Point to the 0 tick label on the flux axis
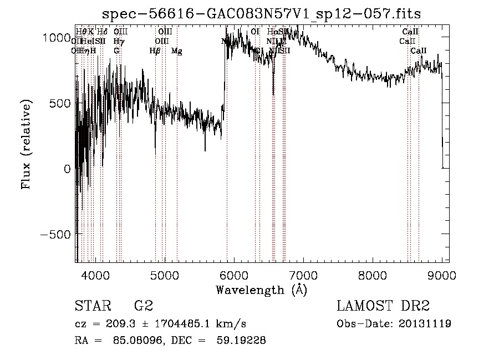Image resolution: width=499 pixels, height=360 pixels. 68,169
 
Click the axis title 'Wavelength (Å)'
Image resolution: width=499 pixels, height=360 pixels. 261,290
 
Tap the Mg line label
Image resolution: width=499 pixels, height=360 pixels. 176,51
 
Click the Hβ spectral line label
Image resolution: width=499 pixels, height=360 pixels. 155,51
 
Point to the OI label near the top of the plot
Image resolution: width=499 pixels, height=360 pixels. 255,32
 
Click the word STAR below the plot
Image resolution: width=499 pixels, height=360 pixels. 92,306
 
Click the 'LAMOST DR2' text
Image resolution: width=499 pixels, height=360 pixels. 383,306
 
